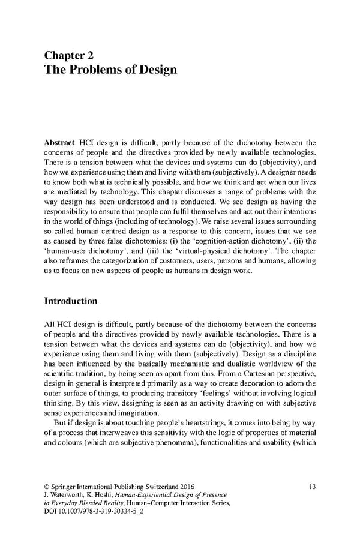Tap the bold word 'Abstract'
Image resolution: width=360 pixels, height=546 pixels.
tap(59, 143)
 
